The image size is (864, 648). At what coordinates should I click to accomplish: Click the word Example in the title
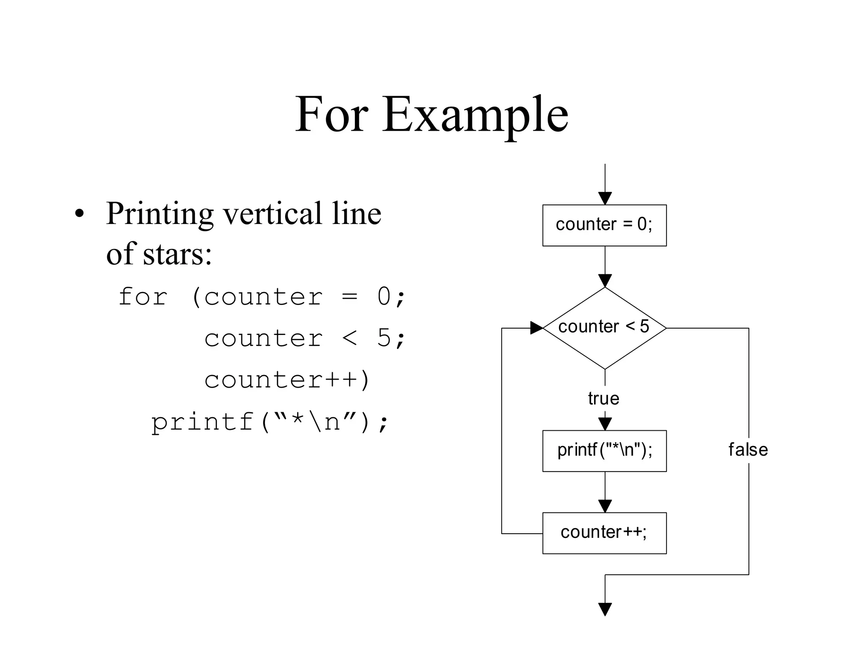tap(475, 115)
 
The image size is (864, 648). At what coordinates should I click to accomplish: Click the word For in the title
tap(332, 115)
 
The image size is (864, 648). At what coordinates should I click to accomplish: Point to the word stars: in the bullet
tap(177, 254)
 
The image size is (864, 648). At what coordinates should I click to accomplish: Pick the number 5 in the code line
tap(384, 337)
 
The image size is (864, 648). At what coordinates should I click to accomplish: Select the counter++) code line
tap(287, 379)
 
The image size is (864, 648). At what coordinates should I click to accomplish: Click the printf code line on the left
tap(270, 421)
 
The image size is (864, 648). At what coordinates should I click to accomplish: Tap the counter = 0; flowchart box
tap(604, 225)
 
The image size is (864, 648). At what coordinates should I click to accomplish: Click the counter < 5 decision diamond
tap(604, 328)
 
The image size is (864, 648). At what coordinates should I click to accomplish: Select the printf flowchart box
tap(604, 451)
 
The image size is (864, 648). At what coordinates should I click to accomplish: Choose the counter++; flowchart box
tap(604, 533)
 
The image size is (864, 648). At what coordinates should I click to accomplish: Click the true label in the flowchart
tap(603, 398)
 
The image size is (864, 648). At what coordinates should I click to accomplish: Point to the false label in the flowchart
tap(748, 450)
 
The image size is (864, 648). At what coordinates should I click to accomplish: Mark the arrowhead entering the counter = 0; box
tap(605, 198)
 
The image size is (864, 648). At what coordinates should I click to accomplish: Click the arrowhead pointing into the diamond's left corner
tap(536, 328)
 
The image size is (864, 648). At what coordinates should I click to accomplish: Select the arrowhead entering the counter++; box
tap(605, 506)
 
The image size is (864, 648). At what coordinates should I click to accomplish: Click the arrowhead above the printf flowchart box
tap(605, 424)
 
